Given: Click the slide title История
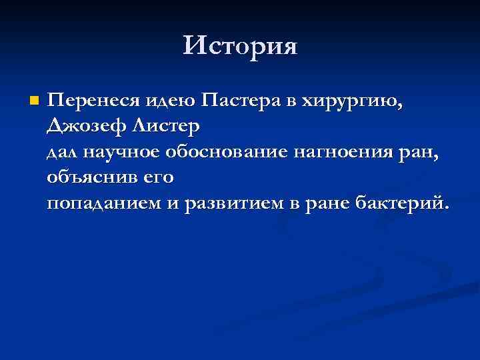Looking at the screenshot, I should tap(240, 46).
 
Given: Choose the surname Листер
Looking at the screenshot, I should tap(164, 125).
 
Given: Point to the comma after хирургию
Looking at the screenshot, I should tap(401, 107).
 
